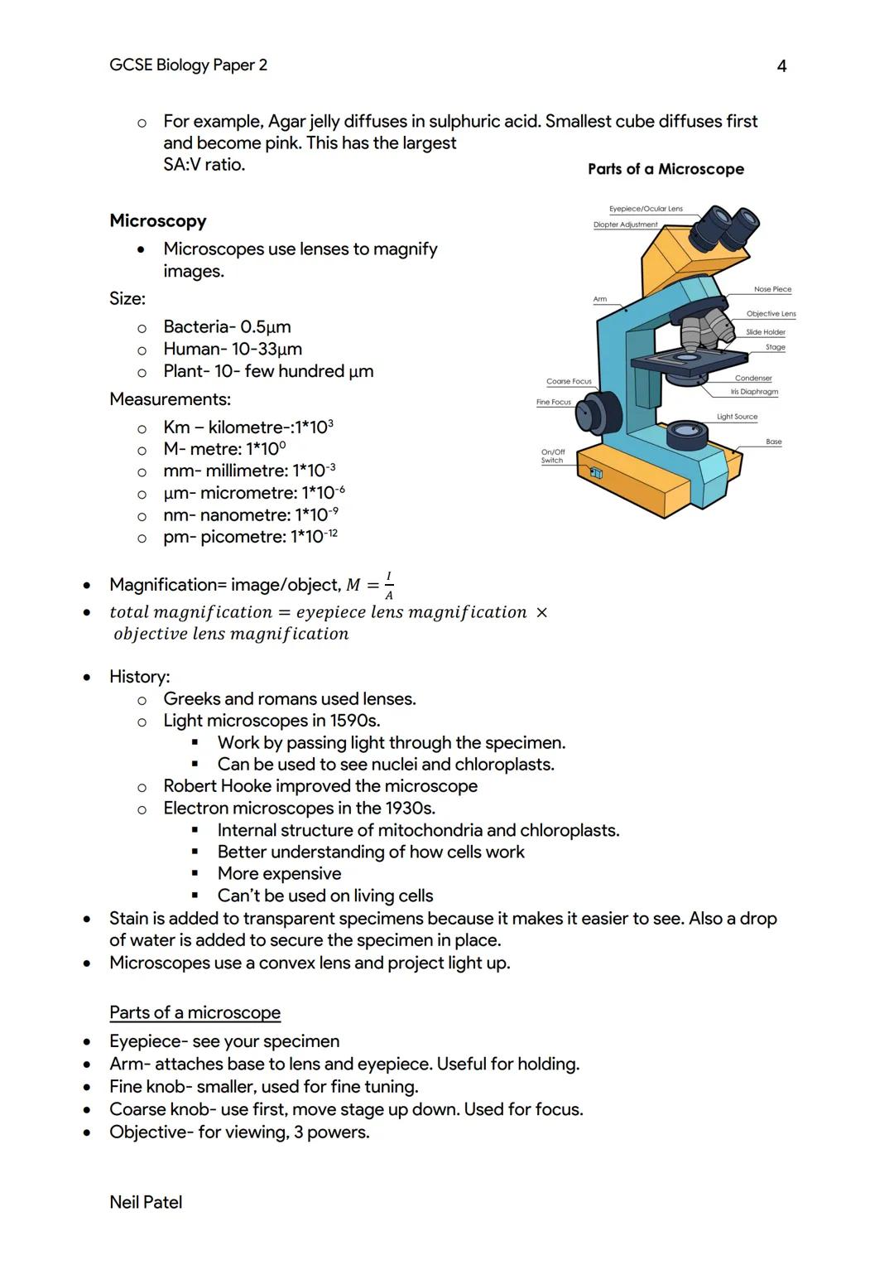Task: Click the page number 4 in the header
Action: point(781,66)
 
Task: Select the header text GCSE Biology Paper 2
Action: point(188,65)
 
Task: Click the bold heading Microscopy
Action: point(157,221)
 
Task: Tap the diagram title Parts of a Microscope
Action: point(666,169)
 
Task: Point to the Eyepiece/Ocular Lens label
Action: point(646,209)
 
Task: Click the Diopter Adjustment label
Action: point(625,225)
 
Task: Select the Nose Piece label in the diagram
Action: point(772,289)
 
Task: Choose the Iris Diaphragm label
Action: point(754,391)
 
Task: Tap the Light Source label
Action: point(737,417)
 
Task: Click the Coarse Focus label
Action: point(569,381)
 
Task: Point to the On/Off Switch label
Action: point(552,456)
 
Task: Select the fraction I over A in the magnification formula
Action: point(389,586)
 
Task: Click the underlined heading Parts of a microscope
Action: point(195,1012)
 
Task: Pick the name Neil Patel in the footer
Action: point(146,1202)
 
